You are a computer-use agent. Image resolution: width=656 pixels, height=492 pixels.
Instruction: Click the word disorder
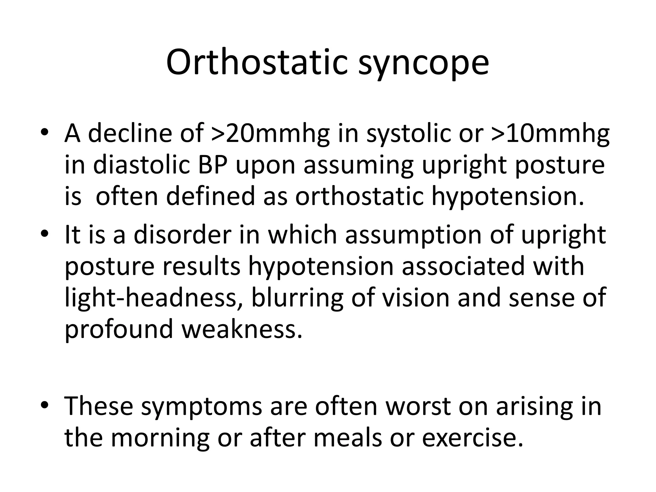183,235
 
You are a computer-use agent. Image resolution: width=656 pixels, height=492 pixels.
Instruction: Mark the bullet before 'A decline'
45,133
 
